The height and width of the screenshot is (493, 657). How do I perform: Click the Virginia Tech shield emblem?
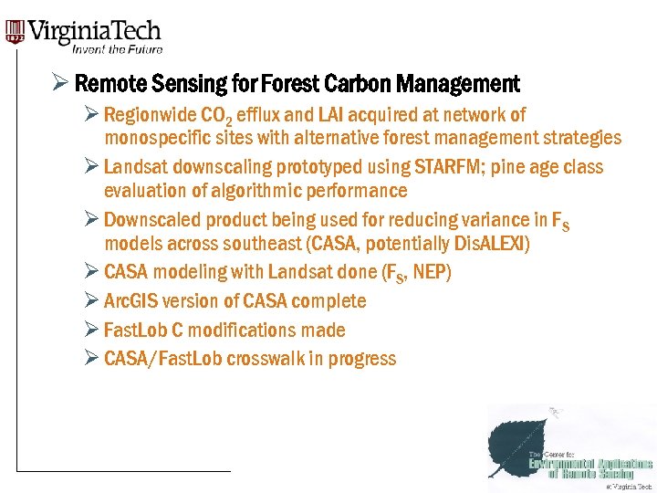coord(15,34)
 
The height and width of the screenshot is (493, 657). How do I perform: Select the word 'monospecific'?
coord(152,139)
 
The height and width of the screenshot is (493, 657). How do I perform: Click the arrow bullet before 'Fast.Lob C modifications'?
coord(90,330)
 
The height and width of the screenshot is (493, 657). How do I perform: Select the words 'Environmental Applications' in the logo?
coord(590,465)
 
